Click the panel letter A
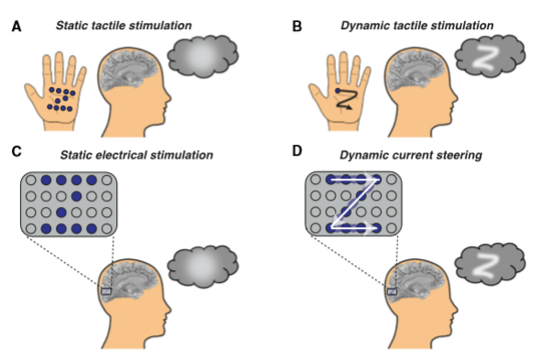point(16,27)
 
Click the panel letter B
point(297,27)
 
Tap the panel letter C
point(16,151)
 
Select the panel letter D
point(298,151)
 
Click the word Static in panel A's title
point(71,26)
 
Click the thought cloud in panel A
point(203,56)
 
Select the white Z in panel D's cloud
point(487,266)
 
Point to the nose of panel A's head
point(168,97)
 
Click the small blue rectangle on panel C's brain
point(106,291)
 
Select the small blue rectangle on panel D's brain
point(392,291)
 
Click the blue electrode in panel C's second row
point(76,196)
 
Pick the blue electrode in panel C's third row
point(61,212)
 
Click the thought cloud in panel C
point(203,267)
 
